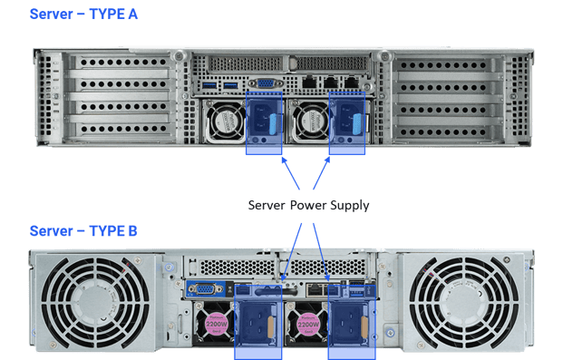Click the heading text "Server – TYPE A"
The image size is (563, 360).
[83, 14]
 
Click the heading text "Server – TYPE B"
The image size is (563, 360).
[83, 230]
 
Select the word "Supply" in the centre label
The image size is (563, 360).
[350, 206]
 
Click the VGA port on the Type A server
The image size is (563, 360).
[266, 83]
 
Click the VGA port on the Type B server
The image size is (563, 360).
[206, 289]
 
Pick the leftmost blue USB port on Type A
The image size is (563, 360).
[209, 85]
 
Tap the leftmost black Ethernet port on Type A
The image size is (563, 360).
[309, 83]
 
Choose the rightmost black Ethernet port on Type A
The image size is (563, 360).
[352, 83]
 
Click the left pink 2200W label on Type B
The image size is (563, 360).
[216, 324]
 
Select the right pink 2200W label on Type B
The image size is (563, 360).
[308, 324]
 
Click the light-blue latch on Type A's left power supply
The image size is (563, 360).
[273, 124]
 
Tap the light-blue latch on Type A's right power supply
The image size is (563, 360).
[357, 124]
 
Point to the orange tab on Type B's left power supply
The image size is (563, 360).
[271, 327]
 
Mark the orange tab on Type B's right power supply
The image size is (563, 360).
[364, 327]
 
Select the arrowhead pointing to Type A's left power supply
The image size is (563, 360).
[285, 161]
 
